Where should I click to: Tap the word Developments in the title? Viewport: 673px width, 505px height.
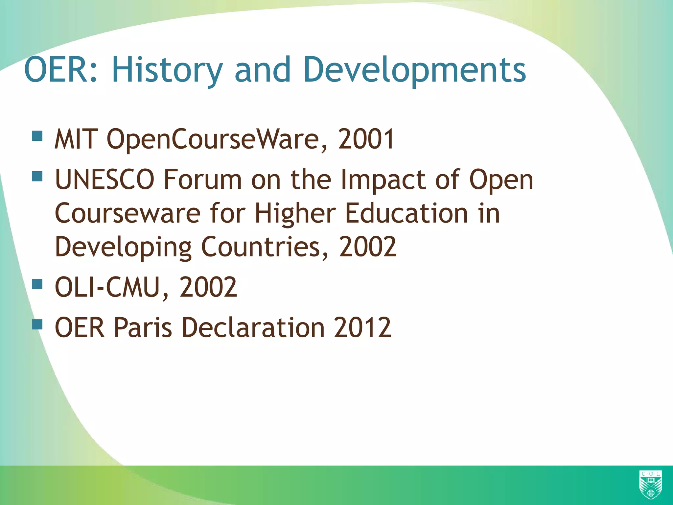coord(414,70)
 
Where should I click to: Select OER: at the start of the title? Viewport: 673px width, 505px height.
coord(61,70)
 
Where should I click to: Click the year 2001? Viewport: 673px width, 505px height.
coord(366,139)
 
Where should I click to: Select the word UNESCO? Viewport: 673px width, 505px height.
coord(104,180)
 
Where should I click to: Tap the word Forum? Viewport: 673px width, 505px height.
coord(203,180)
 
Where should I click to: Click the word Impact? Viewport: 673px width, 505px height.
coord(383,180)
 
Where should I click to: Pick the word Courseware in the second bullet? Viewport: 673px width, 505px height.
coord(128,214)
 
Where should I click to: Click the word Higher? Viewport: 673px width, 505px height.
coord(295,214)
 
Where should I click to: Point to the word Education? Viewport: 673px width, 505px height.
coord(406,214)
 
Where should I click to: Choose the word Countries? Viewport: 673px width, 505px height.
coord(260,247)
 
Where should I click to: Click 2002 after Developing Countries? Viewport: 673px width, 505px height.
coord(368,247)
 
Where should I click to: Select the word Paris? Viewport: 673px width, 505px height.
coord(143,327)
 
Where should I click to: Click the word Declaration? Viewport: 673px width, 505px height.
coord(253,327)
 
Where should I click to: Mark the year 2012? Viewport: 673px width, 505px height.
coord(362,327)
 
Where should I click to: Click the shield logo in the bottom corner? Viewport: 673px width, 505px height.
coord(650,485)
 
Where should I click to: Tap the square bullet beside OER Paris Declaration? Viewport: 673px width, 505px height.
coord(37,324)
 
